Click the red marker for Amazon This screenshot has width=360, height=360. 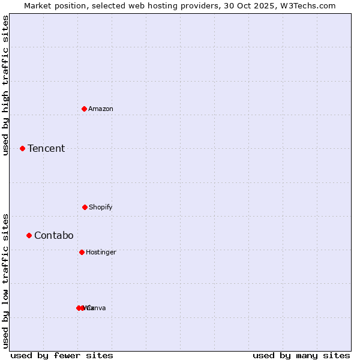(85, 109)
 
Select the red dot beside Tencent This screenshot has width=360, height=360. (22, 148)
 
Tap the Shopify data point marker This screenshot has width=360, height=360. (85, 207)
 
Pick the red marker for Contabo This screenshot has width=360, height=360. (29, 235)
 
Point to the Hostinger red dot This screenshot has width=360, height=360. (82, 252)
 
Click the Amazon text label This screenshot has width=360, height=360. (101, 109)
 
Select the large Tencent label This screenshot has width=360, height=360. (46, 148)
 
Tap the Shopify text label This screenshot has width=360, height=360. (101, 207)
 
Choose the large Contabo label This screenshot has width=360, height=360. (54, 235)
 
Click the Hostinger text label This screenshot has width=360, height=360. (101, 252)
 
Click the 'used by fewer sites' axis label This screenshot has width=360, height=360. (62, 355)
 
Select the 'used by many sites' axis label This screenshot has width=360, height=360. (301, 355)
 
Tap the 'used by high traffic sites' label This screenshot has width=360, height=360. (5, 85)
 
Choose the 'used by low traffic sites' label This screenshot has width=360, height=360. (5, 281)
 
